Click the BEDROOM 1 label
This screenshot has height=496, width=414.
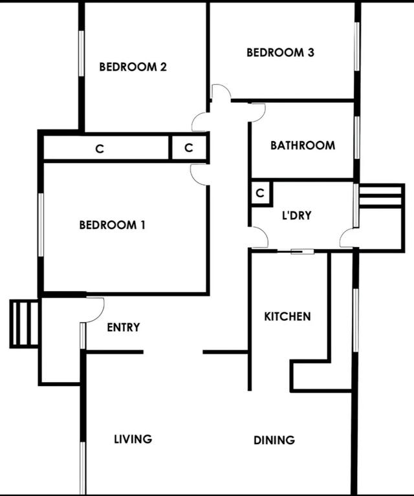[x=112, y=225]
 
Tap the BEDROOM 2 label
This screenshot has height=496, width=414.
[x=133, y=67]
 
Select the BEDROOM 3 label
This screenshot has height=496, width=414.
[x=280, y=53]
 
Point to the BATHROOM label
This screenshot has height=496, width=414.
[x=303, y=146]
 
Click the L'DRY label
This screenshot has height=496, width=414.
[x=296, y=215]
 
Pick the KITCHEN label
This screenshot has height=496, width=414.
[x=287, y=316]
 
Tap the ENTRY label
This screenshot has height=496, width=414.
[x=123, y=327]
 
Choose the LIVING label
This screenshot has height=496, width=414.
[x=133, y=439]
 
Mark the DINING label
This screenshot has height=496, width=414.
[x=274, y=440]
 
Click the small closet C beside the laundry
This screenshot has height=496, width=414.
[x=260, y=193]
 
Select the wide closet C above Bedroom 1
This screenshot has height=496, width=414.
[x=100, y=148]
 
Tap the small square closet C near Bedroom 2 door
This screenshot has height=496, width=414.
[x=188, y=148]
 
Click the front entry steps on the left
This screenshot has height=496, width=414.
[x=23, y=323]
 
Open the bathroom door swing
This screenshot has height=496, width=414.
[x=257, y=112]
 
